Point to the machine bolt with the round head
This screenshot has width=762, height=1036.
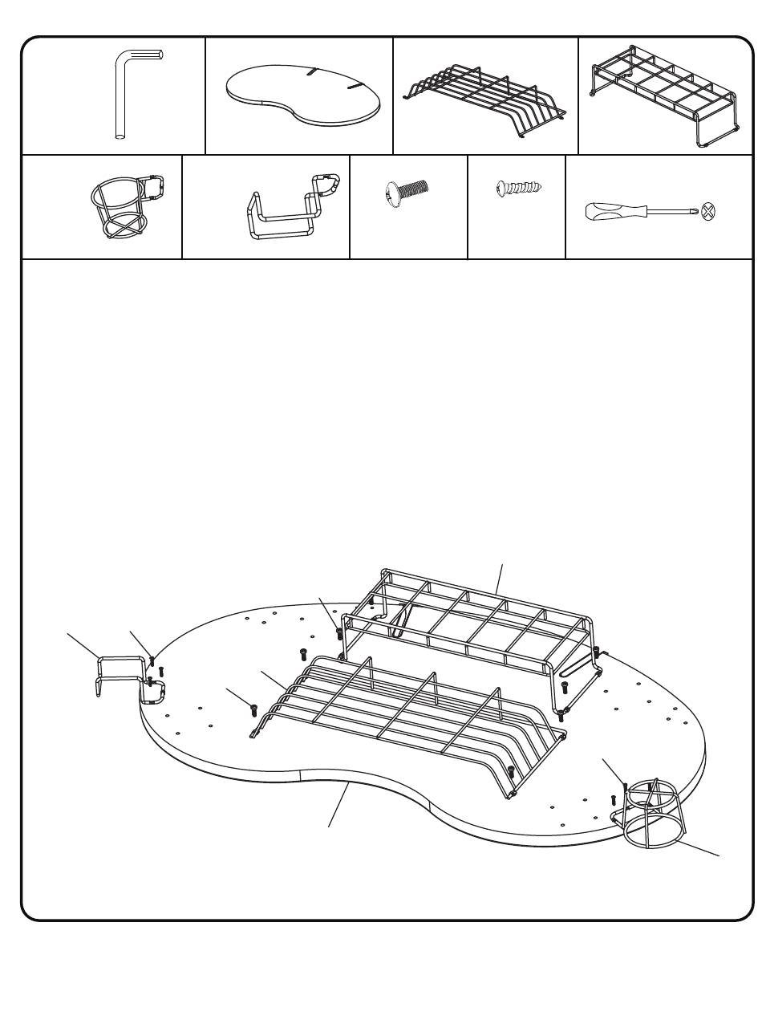click(x=407, y=193)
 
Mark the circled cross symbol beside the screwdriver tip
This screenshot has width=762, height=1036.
click(x=707, y=212)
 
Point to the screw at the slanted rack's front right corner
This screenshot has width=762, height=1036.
click(x=511, y=773)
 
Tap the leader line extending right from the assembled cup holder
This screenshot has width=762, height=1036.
click(x=698, y=847)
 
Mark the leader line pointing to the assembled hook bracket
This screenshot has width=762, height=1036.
click(x=83, y=646)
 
